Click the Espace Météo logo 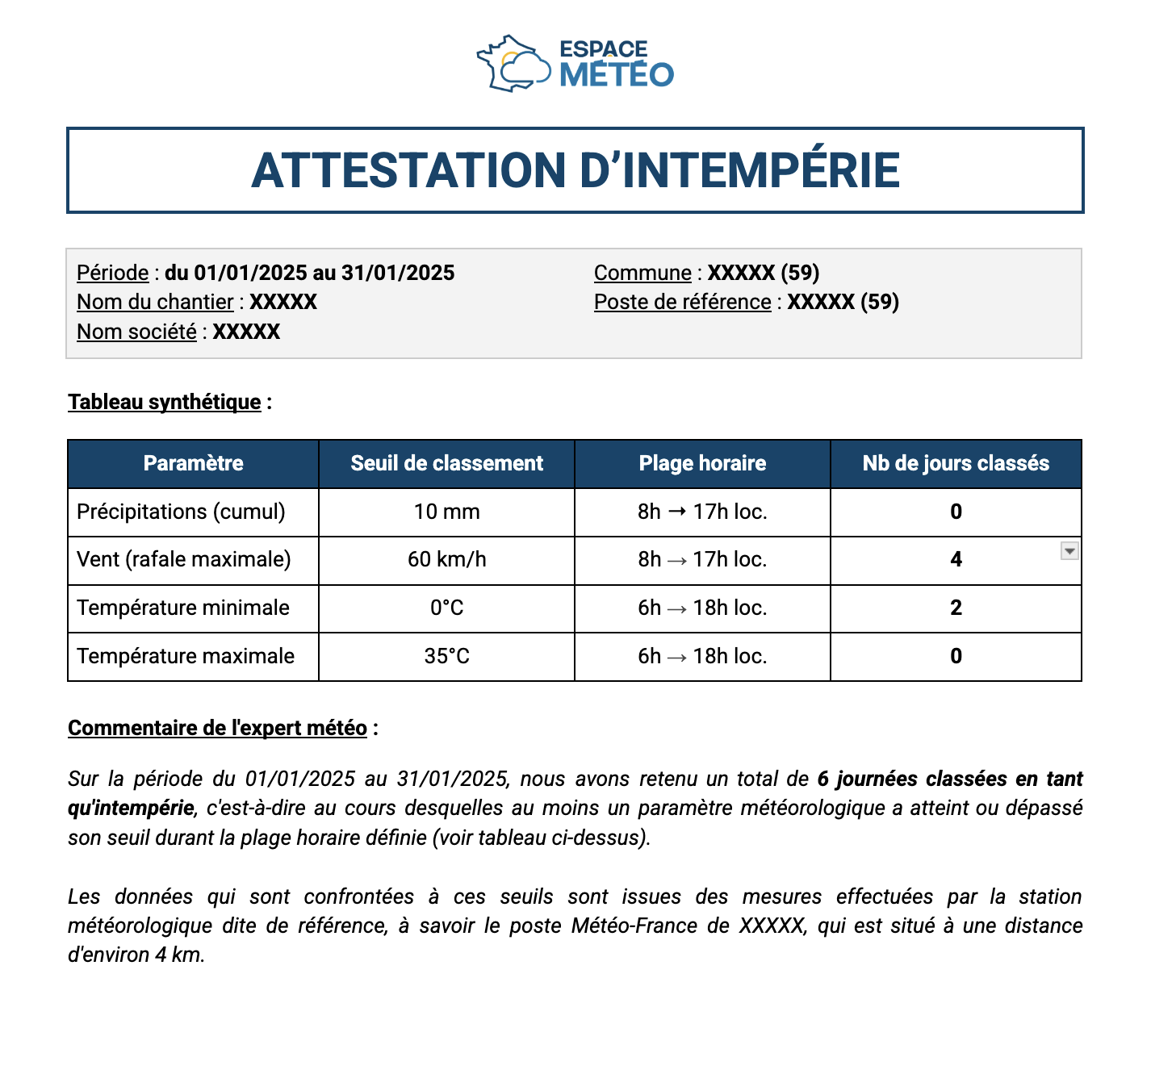[575, 63]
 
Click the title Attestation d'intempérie [575, 170]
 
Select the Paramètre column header [193, 463]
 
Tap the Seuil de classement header [446, 463]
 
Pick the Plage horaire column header [702, 463]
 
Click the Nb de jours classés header [956, 463]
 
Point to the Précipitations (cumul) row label [181, 512]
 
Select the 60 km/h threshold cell [446, 559]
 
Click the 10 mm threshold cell [446, 512]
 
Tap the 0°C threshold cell [446, 608]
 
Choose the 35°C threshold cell [446, 656]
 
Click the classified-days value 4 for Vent [956, 559]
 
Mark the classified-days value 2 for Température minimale [956, 608]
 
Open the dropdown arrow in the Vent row [1069, 551]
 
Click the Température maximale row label [186, 656]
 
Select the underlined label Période [112, 273]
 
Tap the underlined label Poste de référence [682, 302]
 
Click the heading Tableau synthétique [164, 402]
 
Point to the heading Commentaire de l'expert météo [217, 728]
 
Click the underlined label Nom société [136, 332]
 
